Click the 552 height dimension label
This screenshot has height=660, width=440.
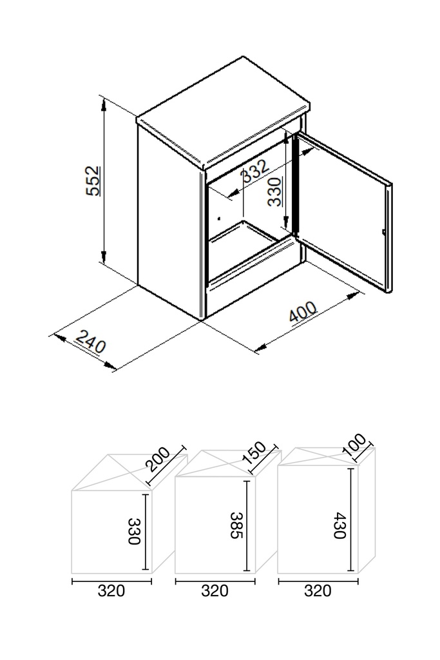pyautogui.click(x=93, y=181)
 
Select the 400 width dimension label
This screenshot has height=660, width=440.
pyautogui.click(x=303, y=315)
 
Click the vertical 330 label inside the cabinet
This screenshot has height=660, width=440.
pyautogui.click(x=275, y=191)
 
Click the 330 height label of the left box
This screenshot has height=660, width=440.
pyautogui.click(x=134, y=531)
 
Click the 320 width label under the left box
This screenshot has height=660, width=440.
pyautogui.click(x=111, y=590)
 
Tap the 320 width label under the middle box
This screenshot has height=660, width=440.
pyautogui.click(x=215, y=590)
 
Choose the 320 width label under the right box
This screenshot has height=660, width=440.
pyautogui.click(x=317, y=590)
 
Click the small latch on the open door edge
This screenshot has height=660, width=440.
pyautogui.click(x=383, y=231)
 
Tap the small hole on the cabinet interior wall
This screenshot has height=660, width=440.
pyautogui.click(x=220, y=217)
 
